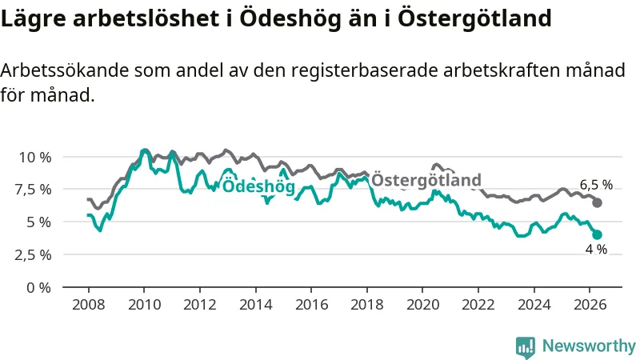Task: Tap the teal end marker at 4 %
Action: [597, 234]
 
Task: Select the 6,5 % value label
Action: [596, 185]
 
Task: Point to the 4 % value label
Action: [596, 249]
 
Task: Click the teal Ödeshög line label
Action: [258, 186]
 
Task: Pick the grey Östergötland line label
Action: [426, 179]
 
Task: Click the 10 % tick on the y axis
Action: [35, 157]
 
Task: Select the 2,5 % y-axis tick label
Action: [34, 255]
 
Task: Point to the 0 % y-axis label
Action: [38, 288]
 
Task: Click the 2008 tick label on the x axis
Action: [89, 305]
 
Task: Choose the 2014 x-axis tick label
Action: [255, 305]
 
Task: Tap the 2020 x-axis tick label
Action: [423, 305]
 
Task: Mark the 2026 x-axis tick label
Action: [590, 305]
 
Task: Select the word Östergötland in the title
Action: [474, 19]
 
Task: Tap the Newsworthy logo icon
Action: [526, 346]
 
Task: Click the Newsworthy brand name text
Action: [589, 346]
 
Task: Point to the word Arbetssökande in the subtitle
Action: [65, 70]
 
